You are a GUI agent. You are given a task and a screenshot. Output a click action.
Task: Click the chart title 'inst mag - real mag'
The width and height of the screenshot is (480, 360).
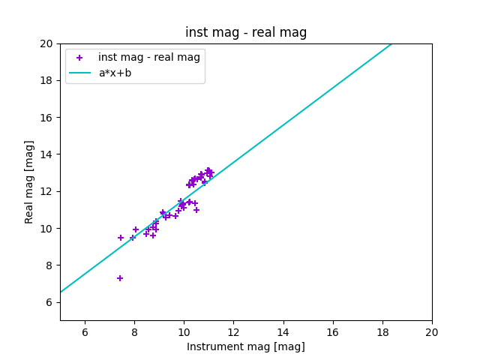pos(246,32)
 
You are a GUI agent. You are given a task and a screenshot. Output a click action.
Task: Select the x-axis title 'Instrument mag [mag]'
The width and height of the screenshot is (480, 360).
pos(246,346)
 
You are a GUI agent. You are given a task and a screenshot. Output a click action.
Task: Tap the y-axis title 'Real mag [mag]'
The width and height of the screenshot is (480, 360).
pos(29,182)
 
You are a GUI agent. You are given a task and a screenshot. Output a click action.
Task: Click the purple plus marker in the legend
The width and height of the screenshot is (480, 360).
pos(79,58)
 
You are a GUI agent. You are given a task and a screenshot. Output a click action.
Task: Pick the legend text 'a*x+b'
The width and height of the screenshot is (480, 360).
pos(115,73)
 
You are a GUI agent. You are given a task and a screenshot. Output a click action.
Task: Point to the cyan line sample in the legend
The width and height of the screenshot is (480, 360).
pos(80,73)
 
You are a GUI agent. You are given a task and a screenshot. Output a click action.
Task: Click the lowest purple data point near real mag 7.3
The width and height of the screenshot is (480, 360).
pos(120,278)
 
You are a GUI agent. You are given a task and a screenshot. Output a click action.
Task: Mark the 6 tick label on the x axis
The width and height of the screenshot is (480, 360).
pos(85,332)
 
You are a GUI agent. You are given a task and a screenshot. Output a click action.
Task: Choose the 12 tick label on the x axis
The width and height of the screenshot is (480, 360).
pos(233,332)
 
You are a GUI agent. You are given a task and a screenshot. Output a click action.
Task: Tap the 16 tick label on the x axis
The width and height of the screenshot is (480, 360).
pos(333,332)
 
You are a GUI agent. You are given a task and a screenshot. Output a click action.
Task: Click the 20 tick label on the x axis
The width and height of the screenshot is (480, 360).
pos(432,332)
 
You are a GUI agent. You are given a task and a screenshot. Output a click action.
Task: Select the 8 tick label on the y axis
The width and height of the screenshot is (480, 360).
pos(49,265)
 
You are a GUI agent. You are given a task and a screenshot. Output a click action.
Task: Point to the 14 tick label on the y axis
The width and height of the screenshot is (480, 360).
pos(46,154)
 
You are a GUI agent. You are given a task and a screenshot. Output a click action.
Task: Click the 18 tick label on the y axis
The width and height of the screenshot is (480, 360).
pos(46,80)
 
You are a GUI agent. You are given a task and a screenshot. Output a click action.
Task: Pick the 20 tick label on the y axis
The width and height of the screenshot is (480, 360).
pos(46,43)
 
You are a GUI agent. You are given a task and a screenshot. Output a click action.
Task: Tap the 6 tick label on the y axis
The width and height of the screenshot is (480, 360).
pos(49,302)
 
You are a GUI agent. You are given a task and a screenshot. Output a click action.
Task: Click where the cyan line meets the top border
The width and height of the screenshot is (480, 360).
pos(391,44)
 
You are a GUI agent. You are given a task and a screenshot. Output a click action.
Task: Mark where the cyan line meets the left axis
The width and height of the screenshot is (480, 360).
pos(61,292)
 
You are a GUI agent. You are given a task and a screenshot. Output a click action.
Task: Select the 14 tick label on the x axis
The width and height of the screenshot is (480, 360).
pos(283,332)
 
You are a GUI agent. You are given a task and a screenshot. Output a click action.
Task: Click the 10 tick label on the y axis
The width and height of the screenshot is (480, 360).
pos(46,228)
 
